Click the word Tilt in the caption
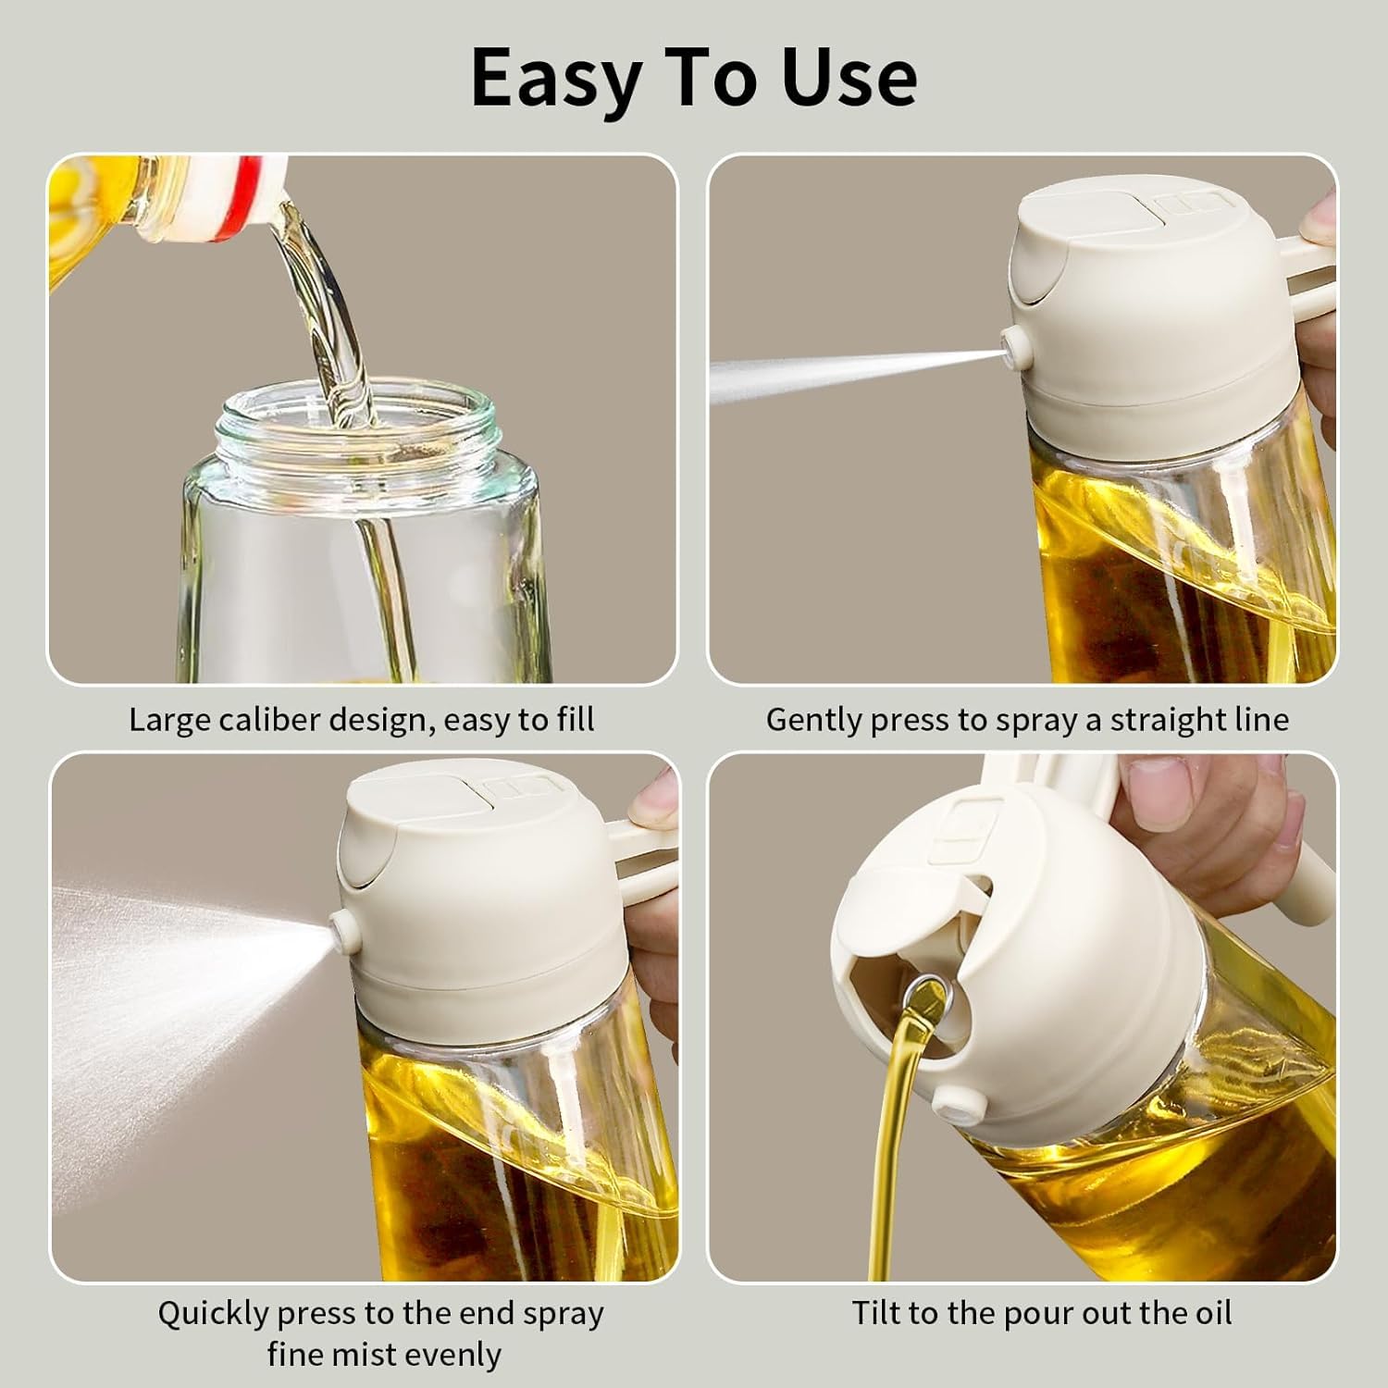click(x=876, y=1313)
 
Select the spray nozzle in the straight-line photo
click(x=1018, y=347)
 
